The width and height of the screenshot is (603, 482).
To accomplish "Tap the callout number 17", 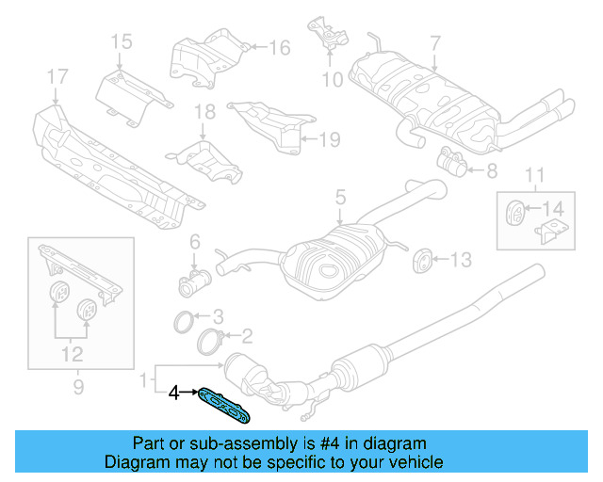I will [x=57, y=76].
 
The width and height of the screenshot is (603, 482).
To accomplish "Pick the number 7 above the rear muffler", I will [x=434, y=42].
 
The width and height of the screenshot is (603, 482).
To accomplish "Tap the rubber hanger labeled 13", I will [x=422, y=258].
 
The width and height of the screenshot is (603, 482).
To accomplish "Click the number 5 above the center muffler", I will [x=340, y=198].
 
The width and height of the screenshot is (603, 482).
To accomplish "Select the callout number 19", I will [x=327, y=139].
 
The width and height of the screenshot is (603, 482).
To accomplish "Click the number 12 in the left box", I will [x=72, y=354].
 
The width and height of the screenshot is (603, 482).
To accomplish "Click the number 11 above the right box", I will [x=534, y=174].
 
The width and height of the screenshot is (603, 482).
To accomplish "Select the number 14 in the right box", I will [x=553, y=208].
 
